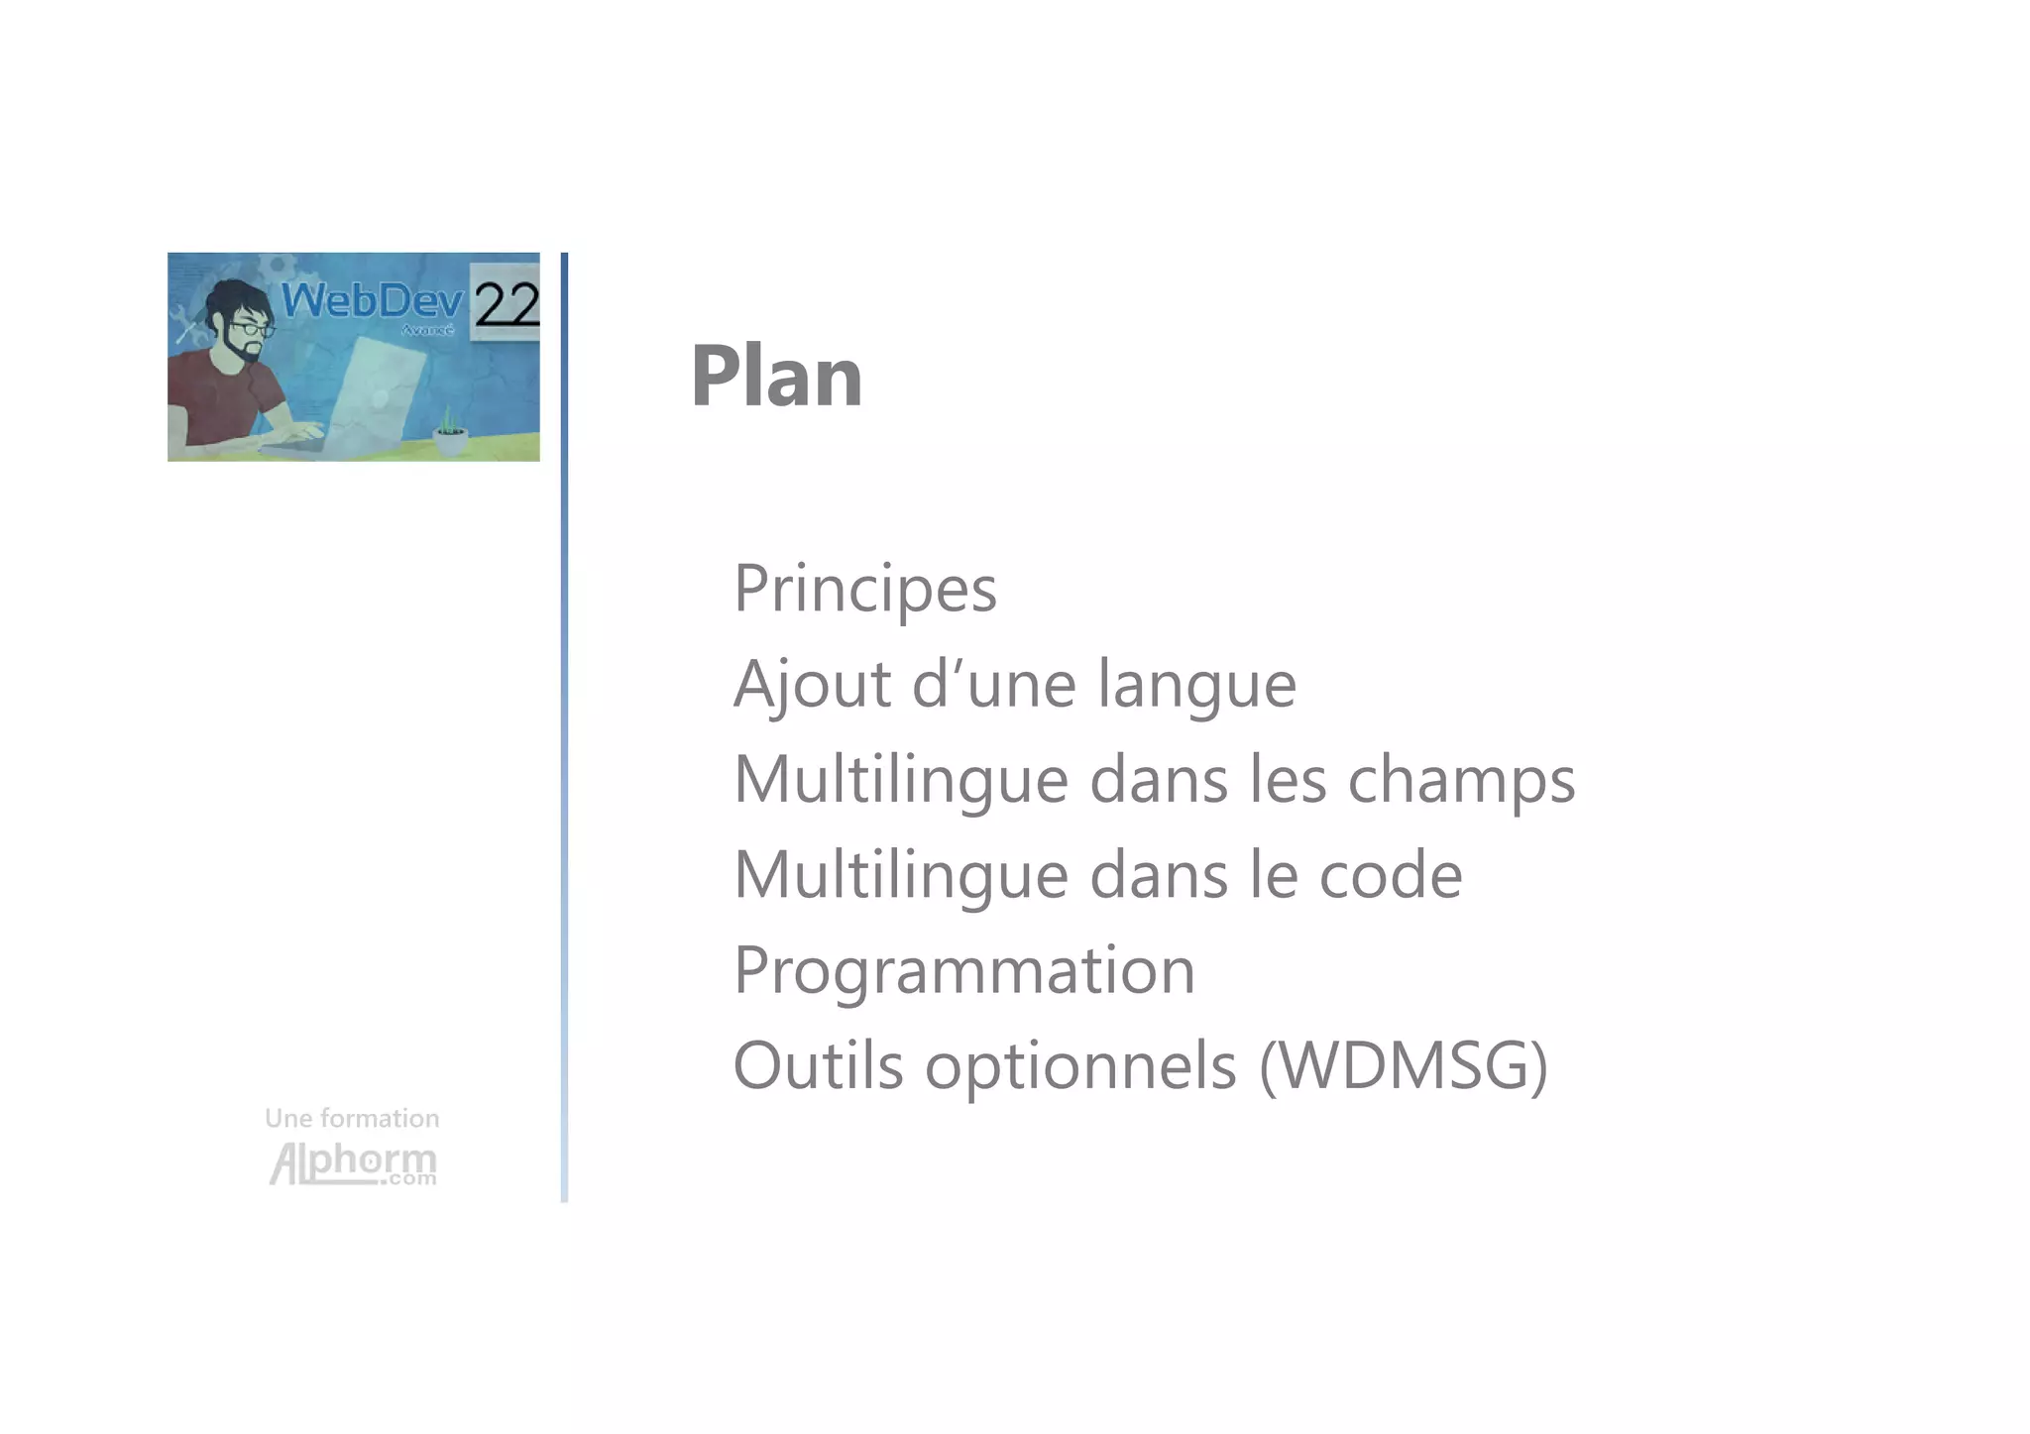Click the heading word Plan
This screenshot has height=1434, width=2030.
(x=776, y=377)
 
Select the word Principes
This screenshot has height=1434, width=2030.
(x=864, y=589)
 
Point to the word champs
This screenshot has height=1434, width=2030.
(x=1461, y=781)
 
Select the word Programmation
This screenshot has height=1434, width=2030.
(x=963, y=971)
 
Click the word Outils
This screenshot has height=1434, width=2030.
(x=818, y=1065)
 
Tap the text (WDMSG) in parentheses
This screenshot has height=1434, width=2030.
(x=1403, y=1066)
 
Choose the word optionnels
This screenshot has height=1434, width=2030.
(x=1080, y=1067)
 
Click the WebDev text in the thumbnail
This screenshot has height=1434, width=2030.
(x=372, y=300)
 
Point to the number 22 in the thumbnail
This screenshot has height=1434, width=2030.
(x=506, y=304)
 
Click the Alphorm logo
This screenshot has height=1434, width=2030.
(x=352, y=1163)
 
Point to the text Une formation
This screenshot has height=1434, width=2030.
(x=352, y=1119)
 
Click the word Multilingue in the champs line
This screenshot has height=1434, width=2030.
(x=900, y=780)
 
